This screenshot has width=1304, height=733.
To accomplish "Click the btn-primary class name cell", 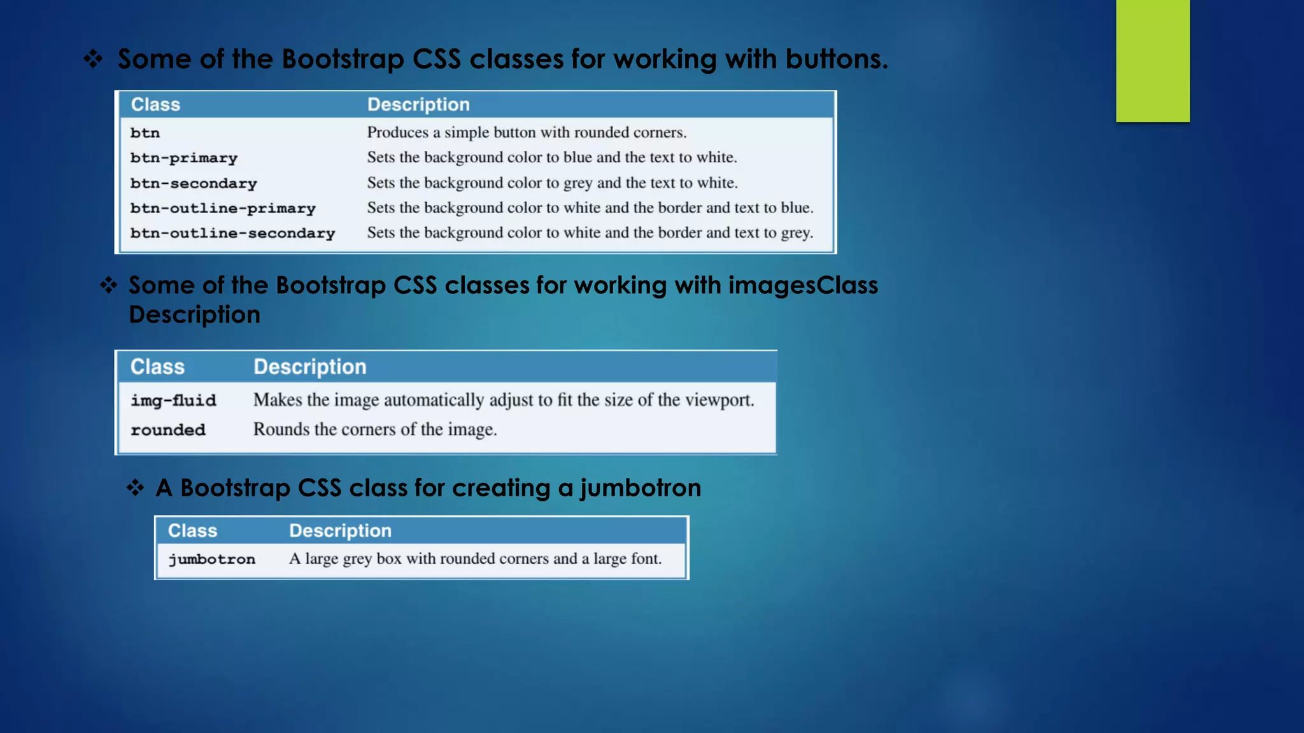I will coord(183,158).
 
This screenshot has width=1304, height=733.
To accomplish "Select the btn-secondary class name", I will coord(194,183).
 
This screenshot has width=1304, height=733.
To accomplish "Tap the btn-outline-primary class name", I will coord(223,208).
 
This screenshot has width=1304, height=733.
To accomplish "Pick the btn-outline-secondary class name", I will coord(232,233).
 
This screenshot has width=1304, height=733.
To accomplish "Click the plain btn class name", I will coord(145,133).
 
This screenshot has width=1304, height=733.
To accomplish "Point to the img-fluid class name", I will coord(173,400).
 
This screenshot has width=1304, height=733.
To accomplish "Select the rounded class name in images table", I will coord(168,430).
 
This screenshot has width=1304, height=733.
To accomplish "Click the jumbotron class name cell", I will coord(211,559).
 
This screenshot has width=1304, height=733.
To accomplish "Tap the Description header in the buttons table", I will coord(418,104).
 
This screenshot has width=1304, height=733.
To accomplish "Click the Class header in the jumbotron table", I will coord(192,531).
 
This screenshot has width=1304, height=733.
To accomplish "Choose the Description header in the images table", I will coord(310,366).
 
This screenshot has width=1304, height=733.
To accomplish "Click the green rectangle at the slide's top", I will coord(1152,61).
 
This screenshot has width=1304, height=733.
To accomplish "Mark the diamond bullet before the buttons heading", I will coord(94,59).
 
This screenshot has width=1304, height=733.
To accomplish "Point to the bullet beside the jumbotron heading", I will coord(136,488).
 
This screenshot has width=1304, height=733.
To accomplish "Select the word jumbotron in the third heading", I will coord(640,488).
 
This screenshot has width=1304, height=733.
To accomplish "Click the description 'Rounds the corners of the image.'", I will coord(375,429).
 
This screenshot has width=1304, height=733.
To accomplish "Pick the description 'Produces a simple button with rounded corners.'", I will coord(527,132).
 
